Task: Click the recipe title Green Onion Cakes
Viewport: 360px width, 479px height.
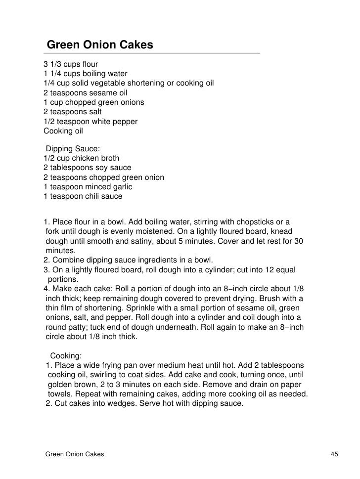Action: coord(100,45)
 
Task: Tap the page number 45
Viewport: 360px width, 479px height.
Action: coord(334,454)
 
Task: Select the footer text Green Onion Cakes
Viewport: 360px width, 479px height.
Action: coord(74,454)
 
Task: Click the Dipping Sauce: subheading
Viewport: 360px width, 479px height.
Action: coord(73,149)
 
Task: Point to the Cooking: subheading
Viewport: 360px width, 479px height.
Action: coord(66,355)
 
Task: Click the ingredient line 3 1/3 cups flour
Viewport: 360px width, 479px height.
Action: coord(71,64)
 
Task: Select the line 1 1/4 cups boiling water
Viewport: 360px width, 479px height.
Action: coord(86,74)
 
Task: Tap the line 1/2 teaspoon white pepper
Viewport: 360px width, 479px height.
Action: coord(90,122)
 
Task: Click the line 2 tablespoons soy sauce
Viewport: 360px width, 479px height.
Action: coord(88,168)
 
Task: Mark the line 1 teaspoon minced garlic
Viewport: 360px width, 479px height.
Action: coord(88,187)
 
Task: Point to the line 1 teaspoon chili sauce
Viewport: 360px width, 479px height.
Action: coord(83,196)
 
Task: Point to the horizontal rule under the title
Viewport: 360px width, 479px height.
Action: coord(151,53)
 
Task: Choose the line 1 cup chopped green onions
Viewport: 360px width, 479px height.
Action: coord(94,102)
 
